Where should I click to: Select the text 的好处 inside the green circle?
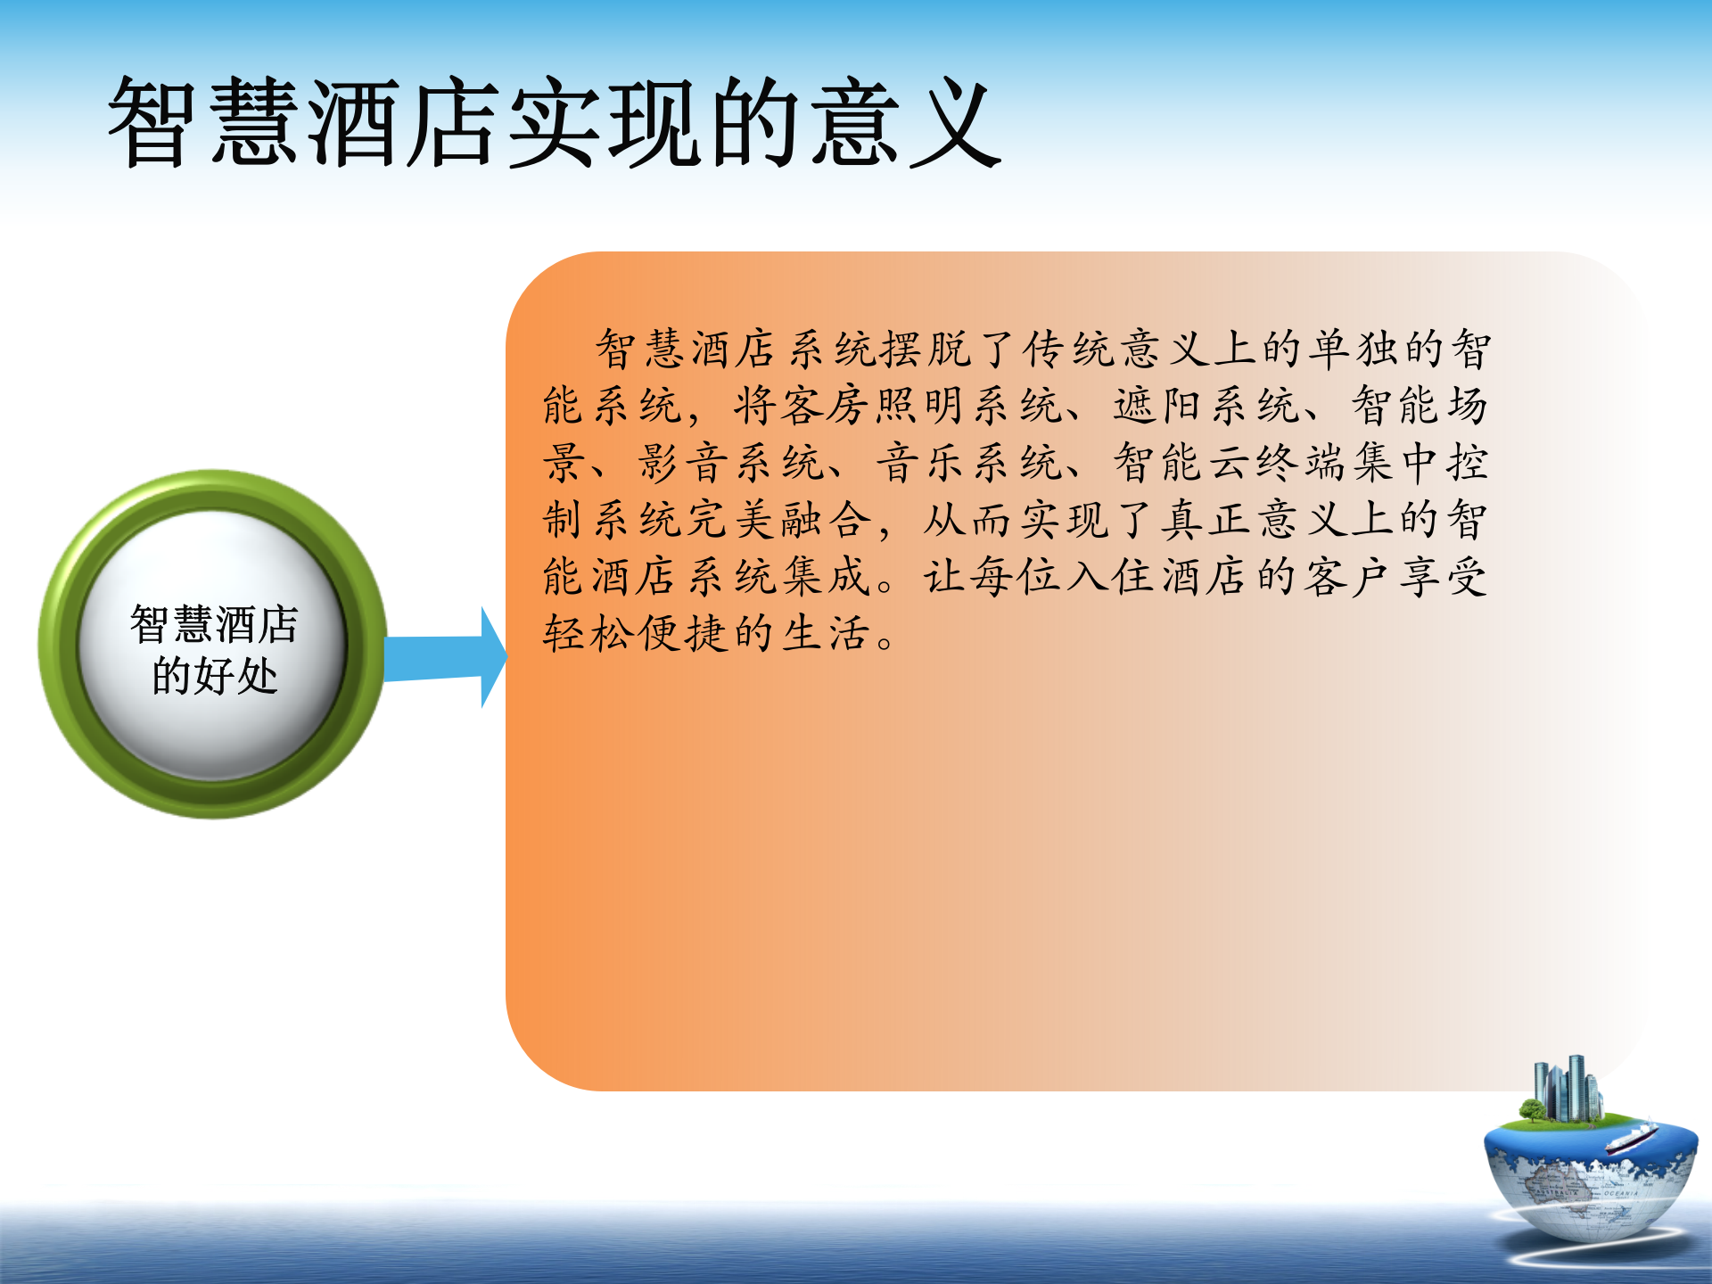click(x=214, y=676)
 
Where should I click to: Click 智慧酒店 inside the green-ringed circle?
click(x=214, y=624)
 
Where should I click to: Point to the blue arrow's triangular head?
click(x=493, y=658)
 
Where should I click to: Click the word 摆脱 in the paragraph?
click(x=926, y=349)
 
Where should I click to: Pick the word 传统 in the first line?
click(x=1069, y=349)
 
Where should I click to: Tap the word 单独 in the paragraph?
click(x=1354, y=349)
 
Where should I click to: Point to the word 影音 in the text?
click(x=684, y=464)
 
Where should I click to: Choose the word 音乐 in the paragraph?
click(x=921, y=464)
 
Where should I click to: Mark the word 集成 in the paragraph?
click(x=826, y=577)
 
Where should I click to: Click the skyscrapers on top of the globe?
click(x=1567, y=1090)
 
